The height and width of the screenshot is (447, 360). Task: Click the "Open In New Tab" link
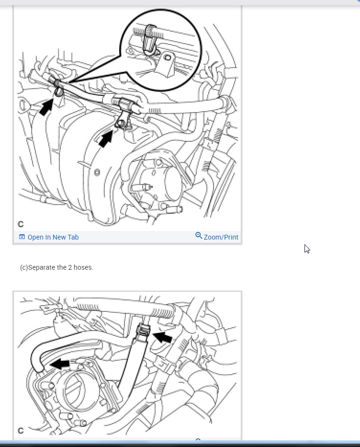[x=53, y=237]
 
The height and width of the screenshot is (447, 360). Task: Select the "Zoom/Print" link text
[x=221, y=237]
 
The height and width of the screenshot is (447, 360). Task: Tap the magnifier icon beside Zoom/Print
[x=199, y=235]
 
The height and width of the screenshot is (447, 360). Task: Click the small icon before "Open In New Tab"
[x=22, y=237]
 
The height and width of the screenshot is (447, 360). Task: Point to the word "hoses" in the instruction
[x=83, y=267]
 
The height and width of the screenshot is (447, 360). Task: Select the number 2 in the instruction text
[x=70, y=267]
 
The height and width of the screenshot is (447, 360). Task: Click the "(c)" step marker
[x=24, y=267]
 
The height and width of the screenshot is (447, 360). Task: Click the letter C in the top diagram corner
[x=21, y=224]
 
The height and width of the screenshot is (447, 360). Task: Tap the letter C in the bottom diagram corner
[x=21, y=430]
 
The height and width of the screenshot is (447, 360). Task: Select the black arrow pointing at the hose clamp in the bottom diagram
[x=163, y=337]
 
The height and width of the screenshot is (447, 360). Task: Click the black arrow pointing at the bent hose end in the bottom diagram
[x=60, y=364]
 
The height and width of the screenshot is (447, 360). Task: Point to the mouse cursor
[x=307, y=249]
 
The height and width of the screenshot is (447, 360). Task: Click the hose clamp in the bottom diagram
[x=143, y=331]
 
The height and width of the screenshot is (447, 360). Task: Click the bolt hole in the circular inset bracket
[x=168, y=58]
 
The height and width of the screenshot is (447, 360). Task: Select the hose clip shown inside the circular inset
[x=150, y=39]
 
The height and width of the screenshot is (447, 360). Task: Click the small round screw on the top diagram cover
[x=97, y=172]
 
